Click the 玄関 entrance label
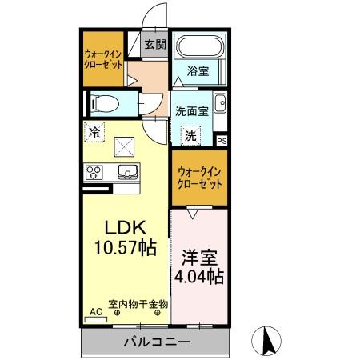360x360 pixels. pos(155,45)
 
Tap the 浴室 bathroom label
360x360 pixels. pos(198,71)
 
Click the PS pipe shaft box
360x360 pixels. pos(222,140)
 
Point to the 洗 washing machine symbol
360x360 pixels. pos(190,136)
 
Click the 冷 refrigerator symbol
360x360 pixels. pos(95,132)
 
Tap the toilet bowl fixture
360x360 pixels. pos(102,102)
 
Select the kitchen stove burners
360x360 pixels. pos(95,172)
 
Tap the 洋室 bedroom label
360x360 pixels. pos(198,259)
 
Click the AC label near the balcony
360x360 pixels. pos(95,312)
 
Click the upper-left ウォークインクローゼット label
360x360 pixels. pos(104,59)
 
